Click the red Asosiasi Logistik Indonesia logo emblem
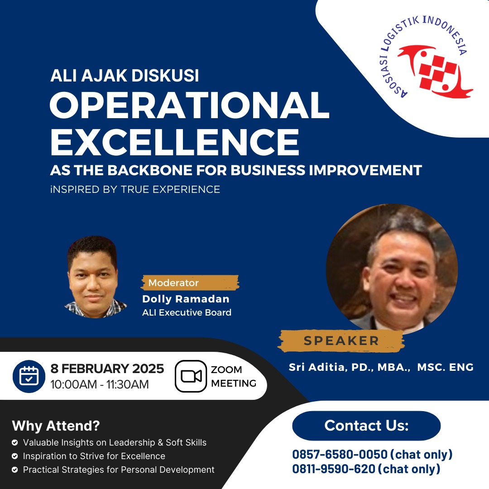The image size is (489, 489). (435, 72)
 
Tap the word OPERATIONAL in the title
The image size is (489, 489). (190, 105)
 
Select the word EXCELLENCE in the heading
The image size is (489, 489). (175, 142)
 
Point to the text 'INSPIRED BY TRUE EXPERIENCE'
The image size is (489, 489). (135, 189)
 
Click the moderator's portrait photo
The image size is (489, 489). (94, 277)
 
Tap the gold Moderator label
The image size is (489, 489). (190, 283)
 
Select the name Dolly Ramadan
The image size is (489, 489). (186, 299)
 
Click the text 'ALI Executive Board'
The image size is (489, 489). (187, 312)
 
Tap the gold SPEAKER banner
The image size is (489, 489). (341, 341)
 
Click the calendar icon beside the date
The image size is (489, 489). (29, 376)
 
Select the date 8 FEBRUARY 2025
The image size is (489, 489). (107, 369)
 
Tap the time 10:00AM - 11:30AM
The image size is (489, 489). (100, 384)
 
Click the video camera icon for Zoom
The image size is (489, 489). (191, 376)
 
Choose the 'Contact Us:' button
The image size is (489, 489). (366, 426)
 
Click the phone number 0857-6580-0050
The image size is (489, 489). (340, 455)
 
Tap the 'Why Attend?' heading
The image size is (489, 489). (56, 426)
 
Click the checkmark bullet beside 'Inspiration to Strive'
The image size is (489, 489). (14, 456)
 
